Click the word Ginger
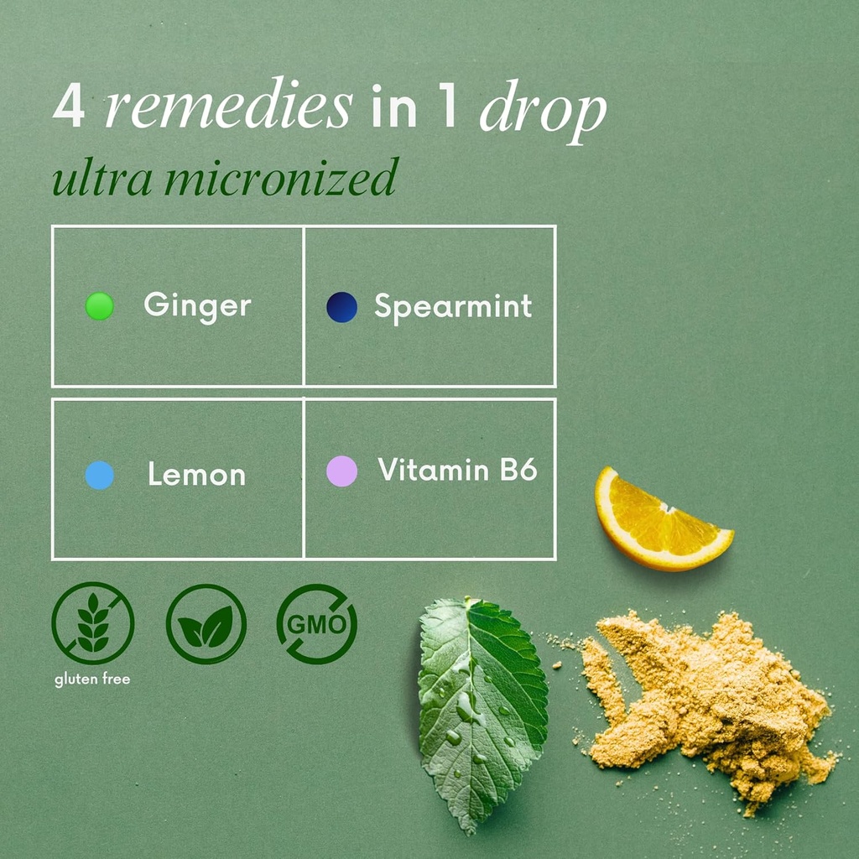point(197,305)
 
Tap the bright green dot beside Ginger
point(100,306)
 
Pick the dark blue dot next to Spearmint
point(341,307)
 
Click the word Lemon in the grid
point(196,476)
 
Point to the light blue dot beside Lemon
point(100,476)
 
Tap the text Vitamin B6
point(457,470)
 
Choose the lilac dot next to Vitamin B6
point(341,471)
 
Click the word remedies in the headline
point(228,107)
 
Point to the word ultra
point(93,177)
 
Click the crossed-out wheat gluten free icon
point(92,622)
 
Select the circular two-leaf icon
point(206,624)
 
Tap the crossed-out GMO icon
point(317,624)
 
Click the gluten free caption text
point(92,679)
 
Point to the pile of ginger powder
point(705,696)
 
